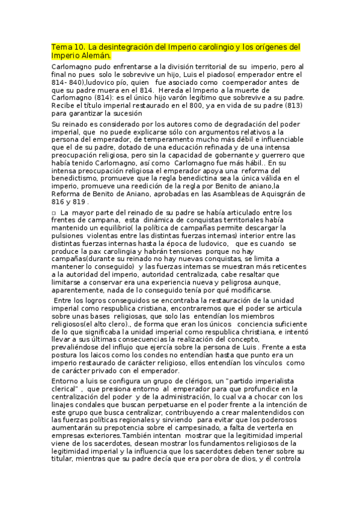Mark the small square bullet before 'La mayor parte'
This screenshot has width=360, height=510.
54,213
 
